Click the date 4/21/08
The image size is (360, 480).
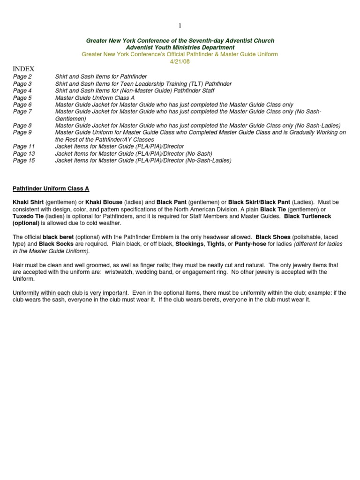[x=180, y=61]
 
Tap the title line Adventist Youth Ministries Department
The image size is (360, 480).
[x=180, y=48]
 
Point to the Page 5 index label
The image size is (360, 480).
[x=22, y=98]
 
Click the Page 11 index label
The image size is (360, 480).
[x=24, y=146]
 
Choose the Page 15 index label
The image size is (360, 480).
[x=24, y=160]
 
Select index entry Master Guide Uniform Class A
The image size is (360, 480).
[x=95, y=98]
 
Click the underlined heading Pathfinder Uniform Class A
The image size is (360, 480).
[x=51, y=188]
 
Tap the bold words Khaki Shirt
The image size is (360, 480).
[x=28, y=202]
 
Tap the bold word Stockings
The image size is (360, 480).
[x=189, y=244]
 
